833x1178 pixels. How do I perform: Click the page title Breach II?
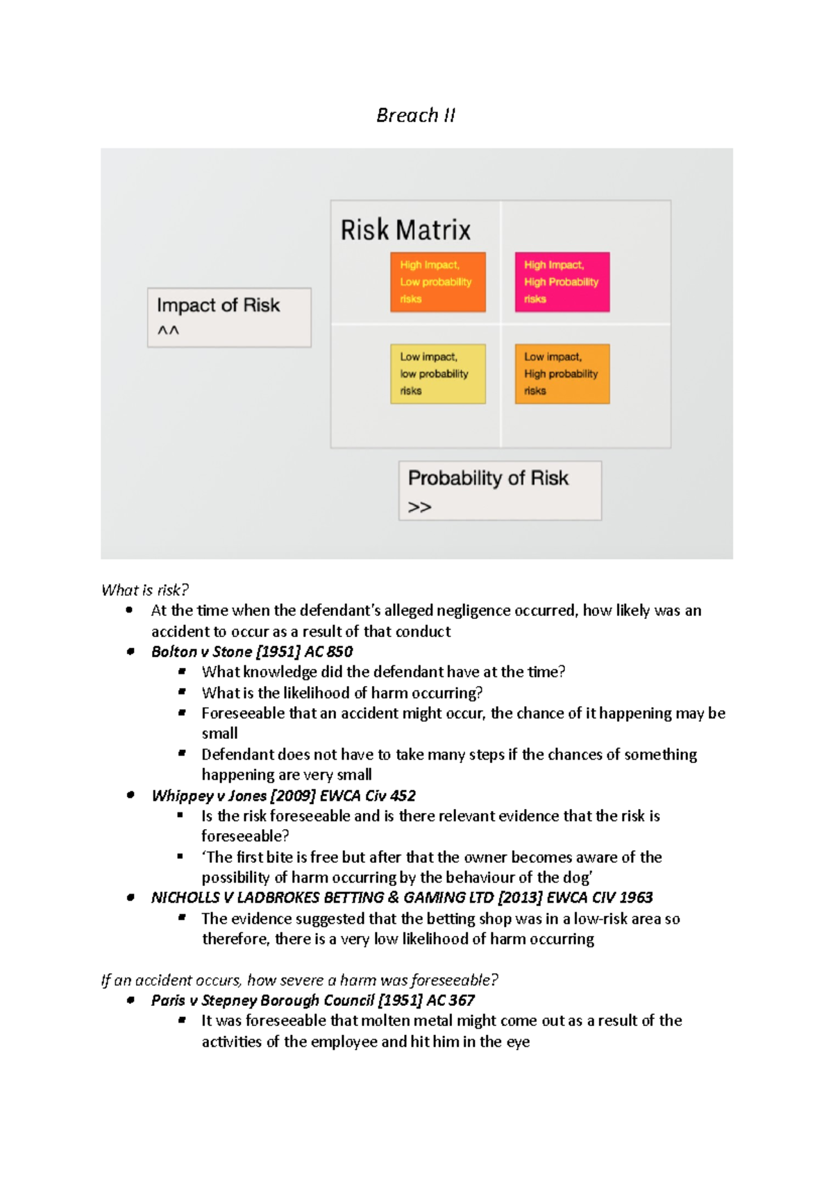coord(415,115)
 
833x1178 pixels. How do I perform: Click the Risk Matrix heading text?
coord(405,230)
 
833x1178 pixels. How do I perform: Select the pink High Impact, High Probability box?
coord(562,282)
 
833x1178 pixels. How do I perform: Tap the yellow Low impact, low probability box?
coord(437,374)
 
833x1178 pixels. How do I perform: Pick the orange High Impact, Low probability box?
coord(437,282)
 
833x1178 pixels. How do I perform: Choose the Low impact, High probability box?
coord(562,374)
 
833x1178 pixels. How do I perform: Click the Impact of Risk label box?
coord(229,317)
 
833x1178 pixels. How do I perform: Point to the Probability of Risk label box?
coord(500,490)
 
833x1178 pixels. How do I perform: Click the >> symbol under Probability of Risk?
coord(419,507)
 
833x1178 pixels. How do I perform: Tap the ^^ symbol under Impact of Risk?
coord(168,331)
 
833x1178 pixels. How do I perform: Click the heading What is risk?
coord(144,590)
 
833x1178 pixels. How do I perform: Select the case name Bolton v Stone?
coord(201,651)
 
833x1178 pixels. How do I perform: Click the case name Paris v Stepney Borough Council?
coord(262,1000)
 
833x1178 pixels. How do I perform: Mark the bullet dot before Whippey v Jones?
coord(131,795)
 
